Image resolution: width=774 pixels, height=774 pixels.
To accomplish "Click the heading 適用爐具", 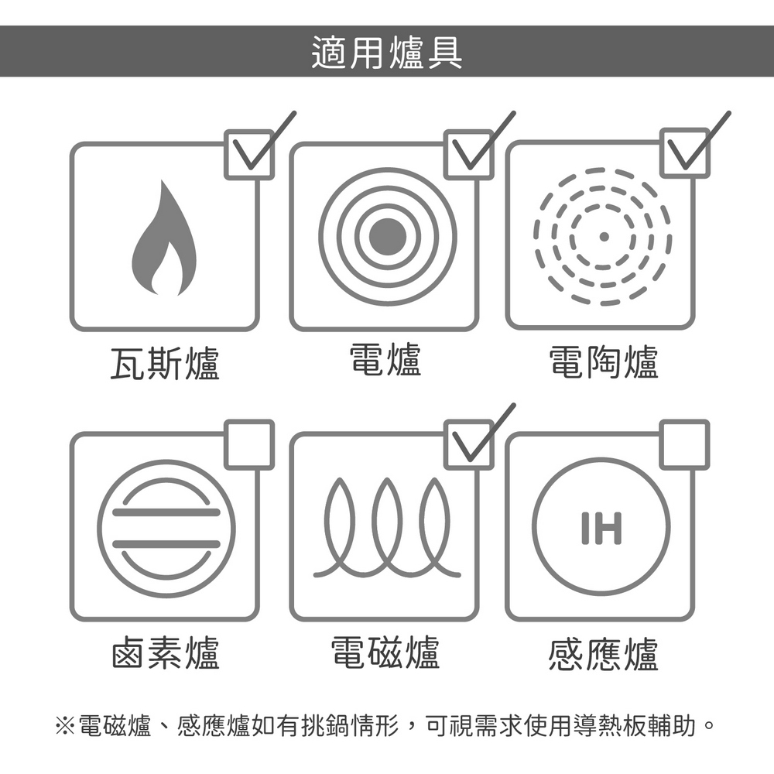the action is [387, 53].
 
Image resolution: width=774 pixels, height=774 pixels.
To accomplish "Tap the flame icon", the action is [164, 238].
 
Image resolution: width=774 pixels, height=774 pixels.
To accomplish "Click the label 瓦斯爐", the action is [164, 363].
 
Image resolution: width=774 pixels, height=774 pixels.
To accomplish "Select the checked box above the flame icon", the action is [249, 155].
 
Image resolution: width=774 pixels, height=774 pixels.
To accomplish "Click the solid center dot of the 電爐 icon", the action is [388, 236].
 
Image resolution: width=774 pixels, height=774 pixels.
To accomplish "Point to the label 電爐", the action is [385, 360].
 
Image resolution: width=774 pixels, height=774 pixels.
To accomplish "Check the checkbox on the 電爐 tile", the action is [469, 155].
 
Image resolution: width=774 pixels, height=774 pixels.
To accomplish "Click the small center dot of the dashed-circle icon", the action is [603, 236].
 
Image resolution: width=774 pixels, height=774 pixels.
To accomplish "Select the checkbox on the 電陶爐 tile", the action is [685, 153].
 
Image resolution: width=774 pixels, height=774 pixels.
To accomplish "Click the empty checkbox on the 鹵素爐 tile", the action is [249, 445].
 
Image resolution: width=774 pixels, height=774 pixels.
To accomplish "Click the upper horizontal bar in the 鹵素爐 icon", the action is [166, 512].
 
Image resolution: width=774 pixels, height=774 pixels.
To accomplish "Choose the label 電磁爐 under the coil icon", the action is [385, 652].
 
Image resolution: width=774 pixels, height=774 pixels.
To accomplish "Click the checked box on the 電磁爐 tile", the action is [469, 445].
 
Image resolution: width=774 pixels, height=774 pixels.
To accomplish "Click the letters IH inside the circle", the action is [601, 528].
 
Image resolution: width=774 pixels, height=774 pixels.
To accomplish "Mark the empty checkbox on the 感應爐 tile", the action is [685, 445].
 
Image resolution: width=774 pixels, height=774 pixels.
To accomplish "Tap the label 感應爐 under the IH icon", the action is [604, 654].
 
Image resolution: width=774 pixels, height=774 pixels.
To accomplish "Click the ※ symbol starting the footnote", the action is [65, 726].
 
